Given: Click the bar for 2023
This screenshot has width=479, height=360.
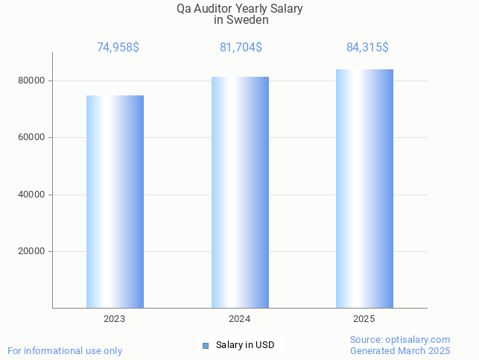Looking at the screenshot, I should pos(115,201).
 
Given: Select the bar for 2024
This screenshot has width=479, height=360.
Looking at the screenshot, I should pos(240,192).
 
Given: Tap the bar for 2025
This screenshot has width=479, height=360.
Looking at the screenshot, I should pos(364,189).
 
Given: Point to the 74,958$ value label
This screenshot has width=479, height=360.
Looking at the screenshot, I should pos(118,48).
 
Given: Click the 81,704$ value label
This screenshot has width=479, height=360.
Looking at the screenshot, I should pos(241,48).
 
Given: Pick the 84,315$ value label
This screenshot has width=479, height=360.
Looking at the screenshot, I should pos(367,48).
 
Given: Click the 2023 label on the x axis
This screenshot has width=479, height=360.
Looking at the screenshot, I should pos(115,318).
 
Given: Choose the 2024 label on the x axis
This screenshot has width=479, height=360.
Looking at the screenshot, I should pos(240,318).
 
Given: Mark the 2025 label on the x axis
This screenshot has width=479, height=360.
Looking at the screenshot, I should pos(364,318).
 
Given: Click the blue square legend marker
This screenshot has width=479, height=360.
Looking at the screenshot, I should pos(206,345).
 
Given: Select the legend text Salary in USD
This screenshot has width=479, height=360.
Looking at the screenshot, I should pos(245,345).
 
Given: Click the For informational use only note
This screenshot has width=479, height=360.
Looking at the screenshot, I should pos(65,350).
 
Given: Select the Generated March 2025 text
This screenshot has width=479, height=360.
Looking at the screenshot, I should pos(400,350).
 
